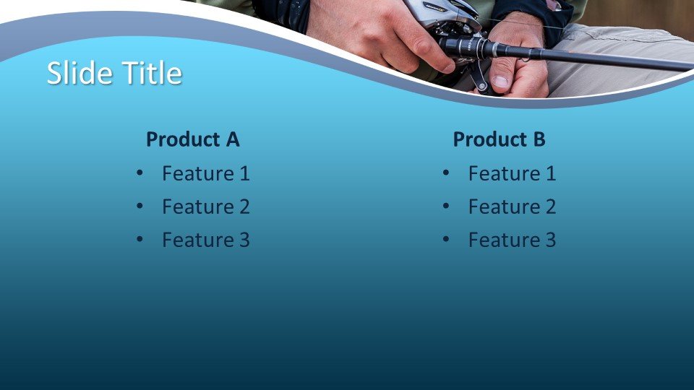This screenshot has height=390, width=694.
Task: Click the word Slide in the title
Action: pyautogui.click(x=80, y=72)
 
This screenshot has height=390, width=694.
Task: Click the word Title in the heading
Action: pyautogui.click(x=152, y=72)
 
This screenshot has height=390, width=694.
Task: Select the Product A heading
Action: pyautogui.click(x=193, y=139)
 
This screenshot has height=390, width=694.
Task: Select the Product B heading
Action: pyautogui.click(x=500, y=139)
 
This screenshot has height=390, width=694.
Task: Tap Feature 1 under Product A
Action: pyautogui.click(x=206, y=173)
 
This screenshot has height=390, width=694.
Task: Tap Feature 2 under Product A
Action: pyautogui.click(x=206, y=207)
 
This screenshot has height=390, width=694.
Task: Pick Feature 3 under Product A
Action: pyautogui.click(x=206, y=240)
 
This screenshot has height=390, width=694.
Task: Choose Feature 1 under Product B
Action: pyautogui.click(x=512, y=173)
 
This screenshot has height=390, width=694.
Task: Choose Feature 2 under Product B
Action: pyautogui.click(x=512, y=207)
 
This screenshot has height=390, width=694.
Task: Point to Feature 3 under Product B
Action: pyautogui.click(x=512, y=240)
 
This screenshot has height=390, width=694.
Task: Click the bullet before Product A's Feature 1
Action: pyautogui.click(x=140, y=173)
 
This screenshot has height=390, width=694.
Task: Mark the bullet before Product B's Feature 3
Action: pyautogui.click(x=446, y=239)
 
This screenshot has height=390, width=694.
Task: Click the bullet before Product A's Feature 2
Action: pyautogui.click(x=140, y=206)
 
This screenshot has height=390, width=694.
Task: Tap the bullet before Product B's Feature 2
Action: pyautogui.click(x=446, y=206)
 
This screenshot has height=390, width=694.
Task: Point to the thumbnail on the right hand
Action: pyautogui.click(x=500, y=82)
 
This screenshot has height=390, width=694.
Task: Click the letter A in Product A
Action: pyautogui.click(x=233, y=139)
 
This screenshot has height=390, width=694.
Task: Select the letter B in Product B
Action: pyautogui.click(x=539, y=139)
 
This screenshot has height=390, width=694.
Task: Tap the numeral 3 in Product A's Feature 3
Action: pyautogui.click(x=245, y=240)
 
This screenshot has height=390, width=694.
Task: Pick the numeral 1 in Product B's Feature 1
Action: pyautogui.click(x=551, y=173)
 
